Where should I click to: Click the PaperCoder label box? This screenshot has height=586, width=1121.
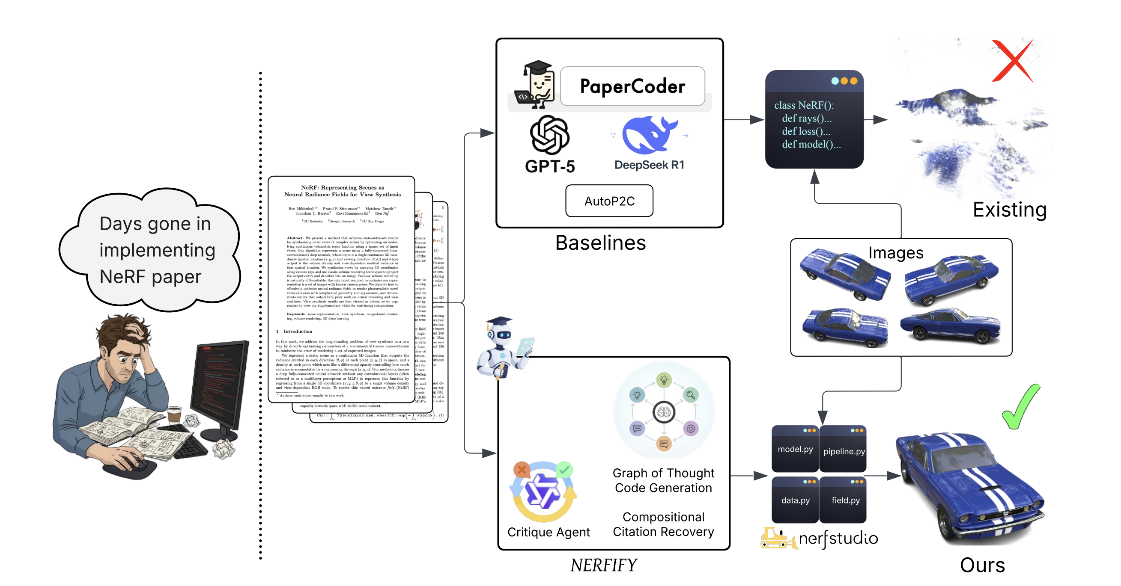pyautogui.click(x=632, y=86)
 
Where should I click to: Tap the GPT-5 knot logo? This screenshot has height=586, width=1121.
pyautogui.click(x=550, y=135)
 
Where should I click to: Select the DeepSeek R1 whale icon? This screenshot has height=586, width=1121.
pyautogui.click(x=648, y=135)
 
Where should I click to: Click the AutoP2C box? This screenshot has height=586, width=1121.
pyautogui.click(x=609, y=201)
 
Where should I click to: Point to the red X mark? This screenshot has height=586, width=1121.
pyautogui.click(x=1012, y=61)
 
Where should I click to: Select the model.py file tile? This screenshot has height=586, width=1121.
pyautogui.click(x=795, y=449)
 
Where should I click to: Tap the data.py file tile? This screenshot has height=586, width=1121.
pyautogui.click(x=795, y=500)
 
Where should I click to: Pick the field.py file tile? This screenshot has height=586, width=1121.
pyautogui.click(x=844, y=500)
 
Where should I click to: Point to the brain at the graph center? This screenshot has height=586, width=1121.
pyautogui.click(x=664, y=412)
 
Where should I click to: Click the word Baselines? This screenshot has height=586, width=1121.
pyautogui.click(x=600, y=243)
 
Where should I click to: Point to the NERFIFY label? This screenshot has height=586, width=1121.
pyautogui.click(x=603, y=565)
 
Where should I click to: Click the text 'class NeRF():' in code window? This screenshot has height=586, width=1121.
pyautogui.click(x=803, y=105)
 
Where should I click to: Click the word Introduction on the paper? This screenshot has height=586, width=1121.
pyautogui.click(x=298, y=331)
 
